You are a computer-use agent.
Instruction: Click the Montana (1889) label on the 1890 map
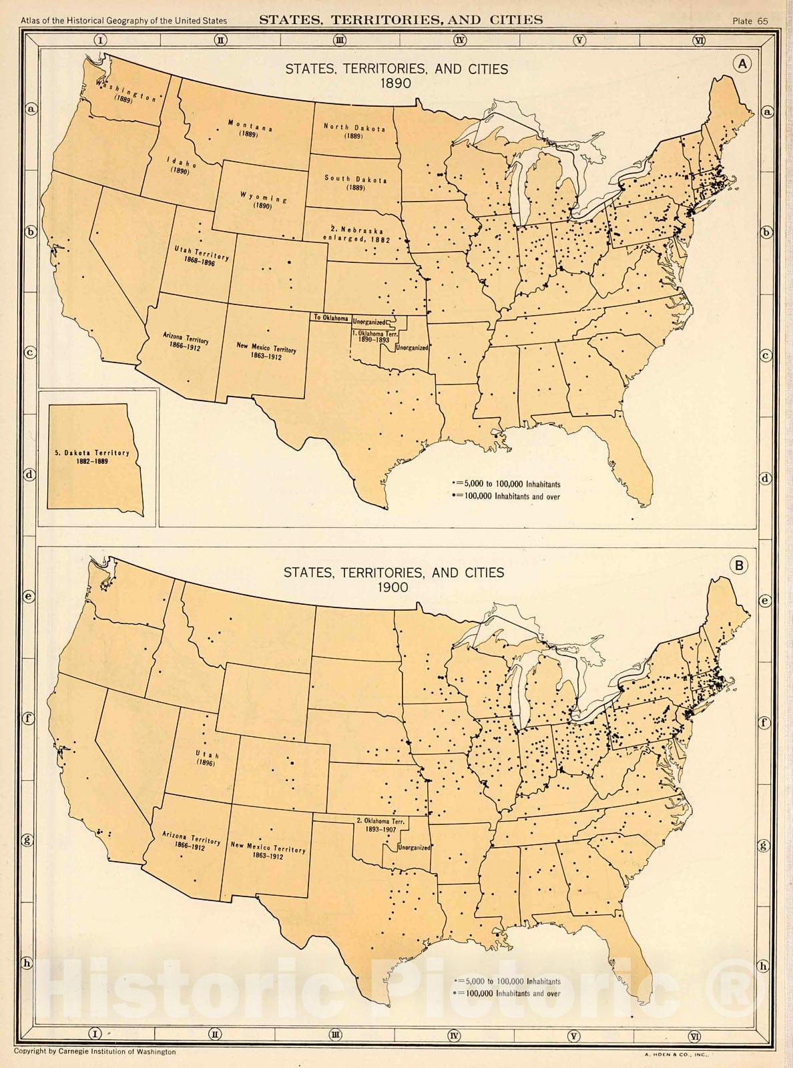click(x=249, y=128)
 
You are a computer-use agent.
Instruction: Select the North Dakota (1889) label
click(x=354, y=130)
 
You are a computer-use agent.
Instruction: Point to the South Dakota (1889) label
click(x=355, y=182)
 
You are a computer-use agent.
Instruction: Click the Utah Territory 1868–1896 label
click(x=202, y=257)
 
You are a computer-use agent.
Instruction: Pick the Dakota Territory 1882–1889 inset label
click(x=92, y=457)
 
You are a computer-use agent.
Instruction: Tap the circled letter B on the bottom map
click(x=740, y=566)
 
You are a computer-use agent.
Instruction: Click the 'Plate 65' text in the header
click(x=750, y=21)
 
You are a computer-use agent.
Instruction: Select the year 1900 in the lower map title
click(x=393, y=587)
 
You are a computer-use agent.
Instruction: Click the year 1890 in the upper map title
click(x=396, y=83)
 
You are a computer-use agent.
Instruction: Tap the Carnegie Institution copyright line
click(x=99, y=1051)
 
